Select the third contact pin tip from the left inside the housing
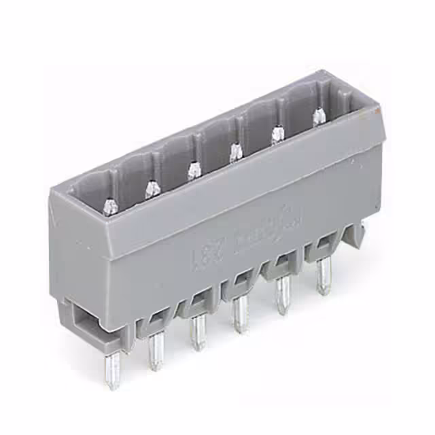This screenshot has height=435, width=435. [x=194, y=169]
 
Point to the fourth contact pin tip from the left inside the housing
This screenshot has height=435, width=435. [x=235, y=152]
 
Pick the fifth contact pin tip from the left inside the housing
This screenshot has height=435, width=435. [x=278, y=134]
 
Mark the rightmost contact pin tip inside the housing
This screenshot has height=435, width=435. [x=319, y=116]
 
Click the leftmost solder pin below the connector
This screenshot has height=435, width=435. [x=112, y=370]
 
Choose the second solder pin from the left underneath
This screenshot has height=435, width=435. [x=156, y=351]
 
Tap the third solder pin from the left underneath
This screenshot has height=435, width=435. [x=198, y=332]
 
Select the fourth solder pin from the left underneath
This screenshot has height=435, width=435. [x=240, y=315]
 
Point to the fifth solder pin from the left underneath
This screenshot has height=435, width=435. [x=282, y=296]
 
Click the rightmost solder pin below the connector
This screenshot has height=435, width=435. [x=324, y=277]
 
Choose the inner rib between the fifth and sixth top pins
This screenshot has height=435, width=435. [x=281, y=109]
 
